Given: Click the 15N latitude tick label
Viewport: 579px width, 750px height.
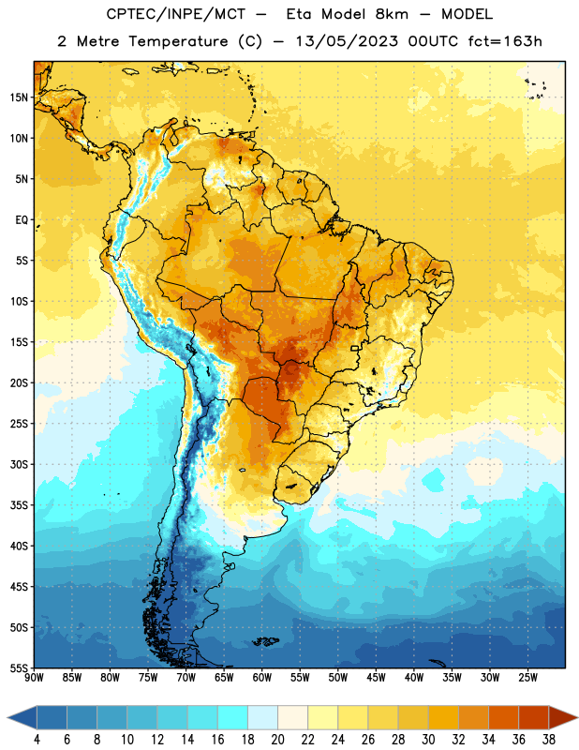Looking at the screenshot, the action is (19, 97).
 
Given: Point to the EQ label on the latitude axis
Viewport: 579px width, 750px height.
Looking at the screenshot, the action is (22, 220).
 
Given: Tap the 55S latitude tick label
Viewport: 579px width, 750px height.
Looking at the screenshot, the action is (19, 667).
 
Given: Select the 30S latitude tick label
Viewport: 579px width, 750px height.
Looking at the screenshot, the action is (19, 464).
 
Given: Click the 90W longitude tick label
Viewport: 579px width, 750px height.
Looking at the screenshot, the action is (34, 678).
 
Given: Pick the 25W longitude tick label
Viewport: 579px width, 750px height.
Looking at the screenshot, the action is (527, 678).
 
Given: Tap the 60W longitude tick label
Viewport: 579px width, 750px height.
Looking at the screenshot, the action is (262, 678).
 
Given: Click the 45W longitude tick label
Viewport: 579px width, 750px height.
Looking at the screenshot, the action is (376, 678).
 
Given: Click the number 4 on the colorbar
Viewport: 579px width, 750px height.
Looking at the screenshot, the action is (37, 740).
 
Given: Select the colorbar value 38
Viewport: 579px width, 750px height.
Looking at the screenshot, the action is (549, 740).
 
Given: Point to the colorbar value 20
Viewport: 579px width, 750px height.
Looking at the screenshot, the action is (277, 740).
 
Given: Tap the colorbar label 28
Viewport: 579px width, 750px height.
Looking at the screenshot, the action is (398, 740).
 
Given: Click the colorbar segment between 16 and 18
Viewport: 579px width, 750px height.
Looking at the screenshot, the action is (232, 717).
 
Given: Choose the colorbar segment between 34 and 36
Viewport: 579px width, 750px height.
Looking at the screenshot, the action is (503, 717).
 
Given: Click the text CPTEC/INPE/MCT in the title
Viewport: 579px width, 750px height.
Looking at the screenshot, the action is (176, 14).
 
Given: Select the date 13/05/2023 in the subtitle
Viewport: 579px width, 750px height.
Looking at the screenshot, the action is (347, 41).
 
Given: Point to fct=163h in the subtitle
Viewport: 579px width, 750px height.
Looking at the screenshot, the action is (505, 41).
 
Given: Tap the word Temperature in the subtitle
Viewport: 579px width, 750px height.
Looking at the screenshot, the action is (178, 41).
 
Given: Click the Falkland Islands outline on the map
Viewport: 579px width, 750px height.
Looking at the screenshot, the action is (265, 641).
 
